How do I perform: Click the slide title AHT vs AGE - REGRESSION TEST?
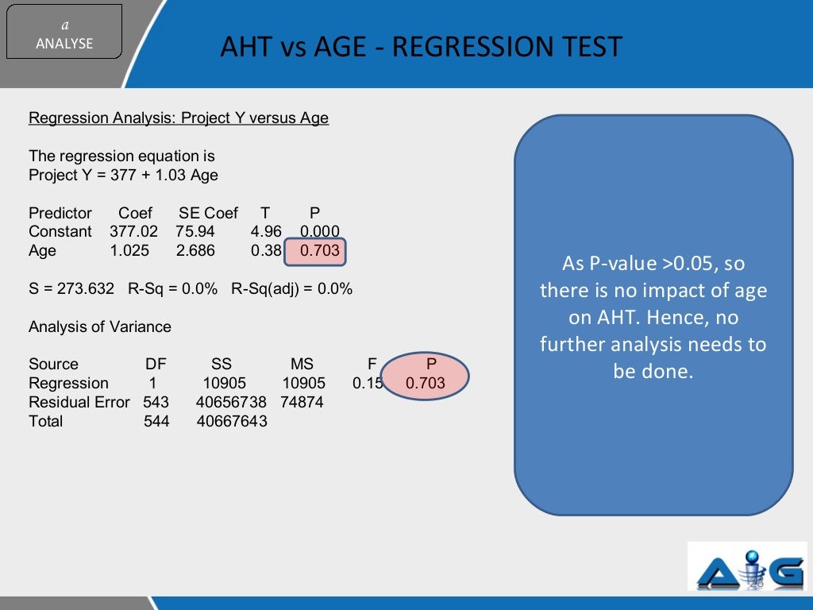click(421, 47)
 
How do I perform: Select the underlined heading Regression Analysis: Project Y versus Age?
click(179, 118)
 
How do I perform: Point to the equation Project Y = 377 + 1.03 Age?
click(123, 176)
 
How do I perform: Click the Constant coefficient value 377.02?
click(133, 232)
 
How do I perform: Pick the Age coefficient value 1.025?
click(128, 251)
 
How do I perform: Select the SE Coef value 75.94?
click(195, 232)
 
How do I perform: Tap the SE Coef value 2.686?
click(195, 251)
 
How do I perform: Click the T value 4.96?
click(266, 232)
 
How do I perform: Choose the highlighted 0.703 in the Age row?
click(319, 251)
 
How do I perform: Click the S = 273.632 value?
click(71, 289)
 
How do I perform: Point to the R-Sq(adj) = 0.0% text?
click(291, 289)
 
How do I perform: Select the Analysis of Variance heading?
click(100, 327)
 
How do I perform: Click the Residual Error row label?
click(79, 403)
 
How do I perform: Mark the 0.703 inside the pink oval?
click(426, 384)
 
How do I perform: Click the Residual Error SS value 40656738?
click(231, 403)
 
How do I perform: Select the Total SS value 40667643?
click(231, 422)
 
